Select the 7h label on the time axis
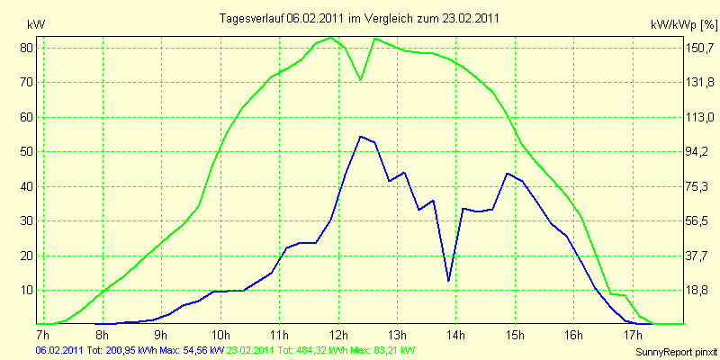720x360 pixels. [x=42, y=333]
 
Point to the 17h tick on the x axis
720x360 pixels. [x=633, y=333]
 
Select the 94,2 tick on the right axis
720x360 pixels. [x=698, y=151]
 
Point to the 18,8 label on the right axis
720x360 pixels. [x=698, y=290]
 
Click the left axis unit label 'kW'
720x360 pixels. [x=37, y=25]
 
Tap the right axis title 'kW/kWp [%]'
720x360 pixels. [x=684, y=25]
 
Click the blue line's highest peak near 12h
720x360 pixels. [x=361, y=137]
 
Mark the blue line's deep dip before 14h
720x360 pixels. [x=448, y=281]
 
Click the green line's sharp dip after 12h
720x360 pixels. [x=361, y=80]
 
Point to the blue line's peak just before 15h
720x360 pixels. [x=507, y=173]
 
